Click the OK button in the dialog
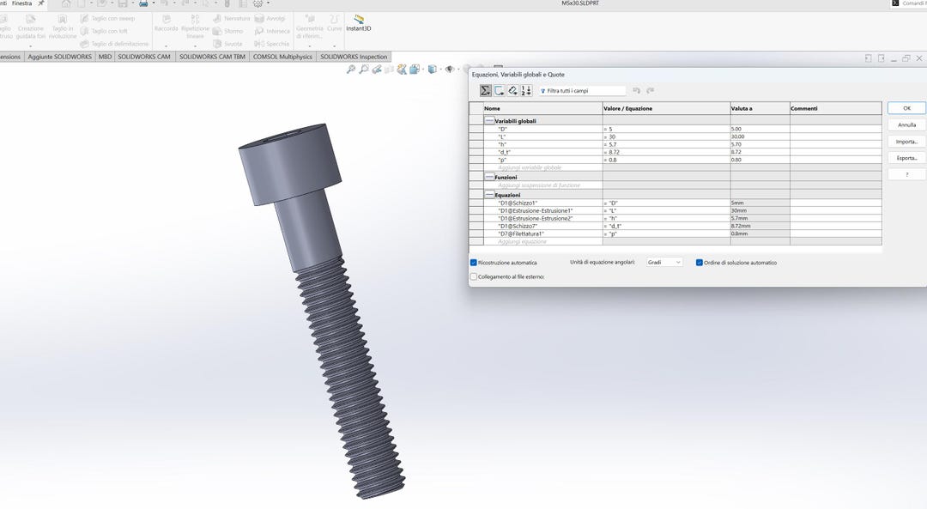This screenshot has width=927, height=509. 906,108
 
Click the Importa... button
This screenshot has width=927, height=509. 906,142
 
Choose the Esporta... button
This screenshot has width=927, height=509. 906,158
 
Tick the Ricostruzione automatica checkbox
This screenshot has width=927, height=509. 474,263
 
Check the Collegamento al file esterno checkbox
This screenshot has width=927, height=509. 474,276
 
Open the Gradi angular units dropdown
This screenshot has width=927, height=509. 664,263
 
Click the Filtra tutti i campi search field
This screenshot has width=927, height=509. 584,90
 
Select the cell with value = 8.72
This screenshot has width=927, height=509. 665,152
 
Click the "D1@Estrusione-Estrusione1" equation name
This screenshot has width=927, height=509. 535,210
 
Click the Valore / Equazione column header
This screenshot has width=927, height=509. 665,108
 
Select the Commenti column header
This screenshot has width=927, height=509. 834,108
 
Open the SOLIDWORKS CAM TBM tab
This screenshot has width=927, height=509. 211,57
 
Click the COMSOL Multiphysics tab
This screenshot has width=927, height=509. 282,57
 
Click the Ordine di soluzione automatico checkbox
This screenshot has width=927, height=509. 700,263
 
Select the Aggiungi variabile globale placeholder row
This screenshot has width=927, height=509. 530,167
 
